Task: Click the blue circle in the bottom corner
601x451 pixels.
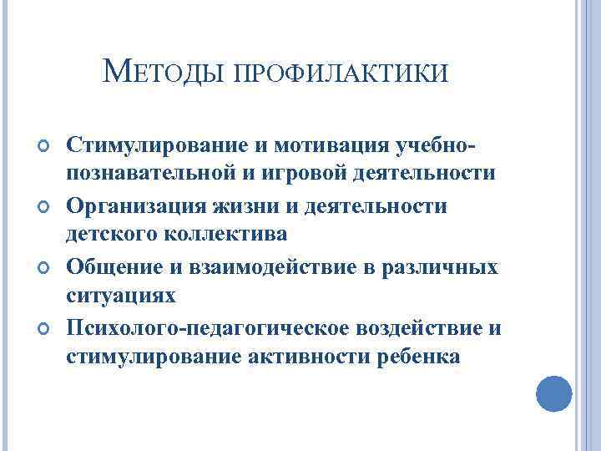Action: click(x=553, y=392)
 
